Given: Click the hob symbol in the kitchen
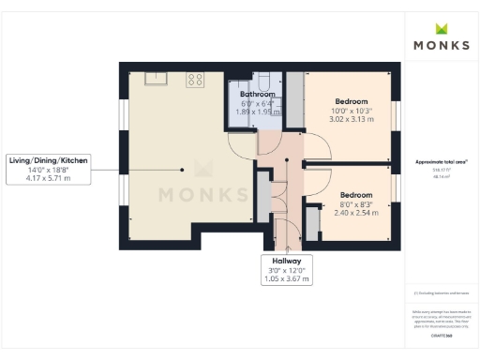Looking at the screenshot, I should (x=196, y=79).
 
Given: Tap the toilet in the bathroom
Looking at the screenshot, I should (x=266, y=80).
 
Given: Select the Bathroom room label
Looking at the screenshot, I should (x=257, y=95).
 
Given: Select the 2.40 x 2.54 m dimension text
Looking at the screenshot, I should (x=358, y=213).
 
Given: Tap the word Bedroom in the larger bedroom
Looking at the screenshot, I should (x=352, y=101).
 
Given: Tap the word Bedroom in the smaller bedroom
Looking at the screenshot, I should (x=356, y=195).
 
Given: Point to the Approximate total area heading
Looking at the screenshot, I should (x=441, y=162).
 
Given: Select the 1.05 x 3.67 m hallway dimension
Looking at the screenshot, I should (x=287, y=279).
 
